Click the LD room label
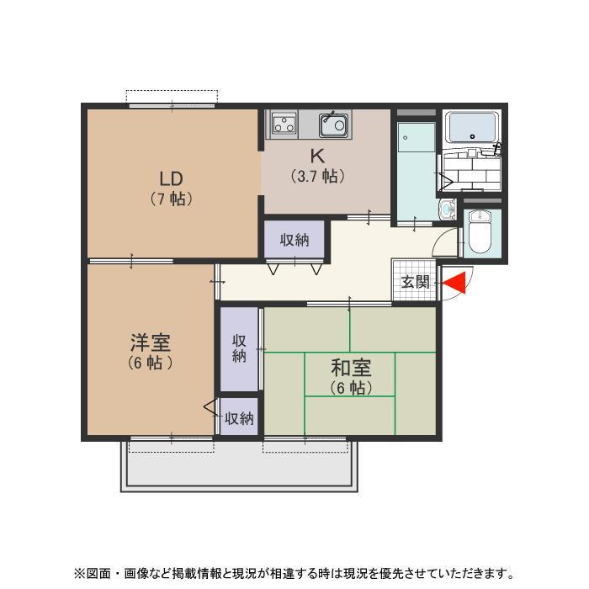click(x=172, y=178)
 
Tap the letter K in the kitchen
click(x=317, y=156)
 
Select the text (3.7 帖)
click(x=317, y=177)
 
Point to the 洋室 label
click(x=151, y=342)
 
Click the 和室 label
click(x=350, y=368)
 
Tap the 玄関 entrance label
click(x=415, y=282)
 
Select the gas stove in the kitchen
click(x=284, y=125)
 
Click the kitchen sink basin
click(x=333, y=125)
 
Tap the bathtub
click(x=472, y=128)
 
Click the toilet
click(x=480, y=231)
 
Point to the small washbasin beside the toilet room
click(x=447, y=208)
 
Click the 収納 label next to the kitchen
click(x=294, y=240)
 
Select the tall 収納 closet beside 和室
click(x=239, y=348)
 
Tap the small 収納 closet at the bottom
click(x=239, y=417)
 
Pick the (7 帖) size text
click(x=172, y=199)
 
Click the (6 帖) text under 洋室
click(x=151, y=363)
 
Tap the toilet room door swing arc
click(x=446, y=245)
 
